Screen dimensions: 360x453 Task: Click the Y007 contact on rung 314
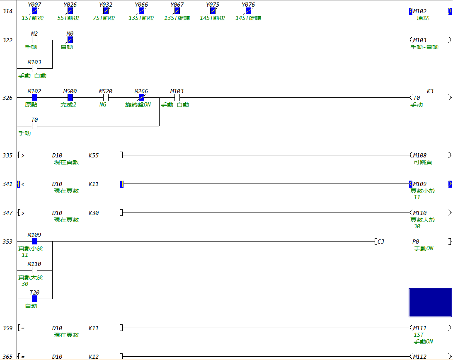34,11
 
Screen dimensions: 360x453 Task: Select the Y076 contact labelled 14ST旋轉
248,11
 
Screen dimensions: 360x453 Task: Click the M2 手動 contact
34,40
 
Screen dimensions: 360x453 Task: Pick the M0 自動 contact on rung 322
70,40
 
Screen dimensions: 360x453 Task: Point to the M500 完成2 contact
70,98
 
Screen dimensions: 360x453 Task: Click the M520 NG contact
106,98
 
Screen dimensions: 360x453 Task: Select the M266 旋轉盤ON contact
141,98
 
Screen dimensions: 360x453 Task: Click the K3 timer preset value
430,91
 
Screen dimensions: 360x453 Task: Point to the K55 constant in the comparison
94,155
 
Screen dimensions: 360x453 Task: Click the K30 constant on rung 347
94,213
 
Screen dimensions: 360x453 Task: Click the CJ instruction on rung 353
380,242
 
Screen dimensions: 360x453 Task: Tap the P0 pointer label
415,242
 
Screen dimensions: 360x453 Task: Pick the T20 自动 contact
34,299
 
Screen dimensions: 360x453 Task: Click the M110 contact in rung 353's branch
34,270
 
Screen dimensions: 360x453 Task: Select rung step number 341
7,184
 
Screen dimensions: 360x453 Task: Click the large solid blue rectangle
430,303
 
